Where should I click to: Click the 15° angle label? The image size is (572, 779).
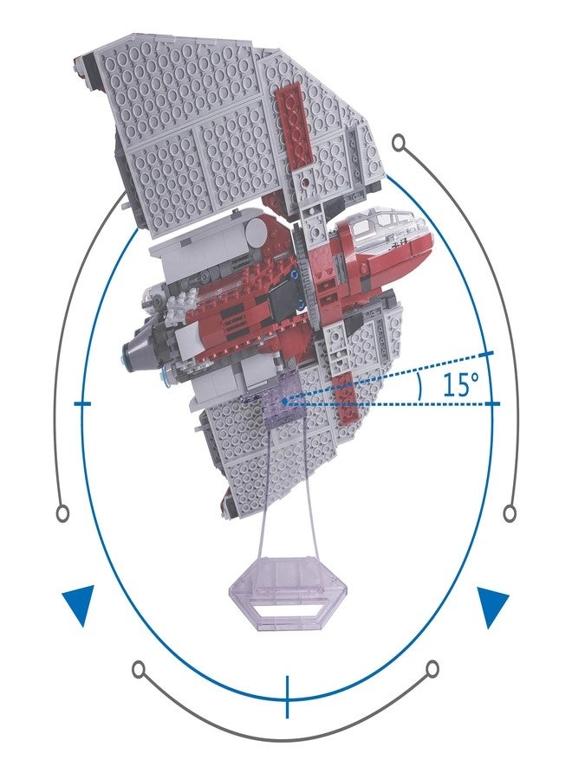pyautogui.click(x=462, y=384)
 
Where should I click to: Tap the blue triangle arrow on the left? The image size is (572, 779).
pyautogui.click(x=80, y=604)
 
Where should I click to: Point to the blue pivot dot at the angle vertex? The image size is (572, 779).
pyautogui.click(x=283, y=401)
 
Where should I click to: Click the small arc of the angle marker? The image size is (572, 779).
pyautogui.click(x=420, y=388)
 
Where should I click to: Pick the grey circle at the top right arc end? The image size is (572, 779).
pyautogui.click(x=399, y=144)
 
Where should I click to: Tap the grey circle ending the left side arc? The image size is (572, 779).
pyautogui.click(x=62, y=513)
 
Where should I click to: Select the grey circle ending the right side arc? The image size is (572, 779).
pyautogui.click(x=510, y=513)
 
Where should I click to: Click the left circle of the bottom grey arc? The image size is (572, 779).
pyautogui.click(x=140, y=668)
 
